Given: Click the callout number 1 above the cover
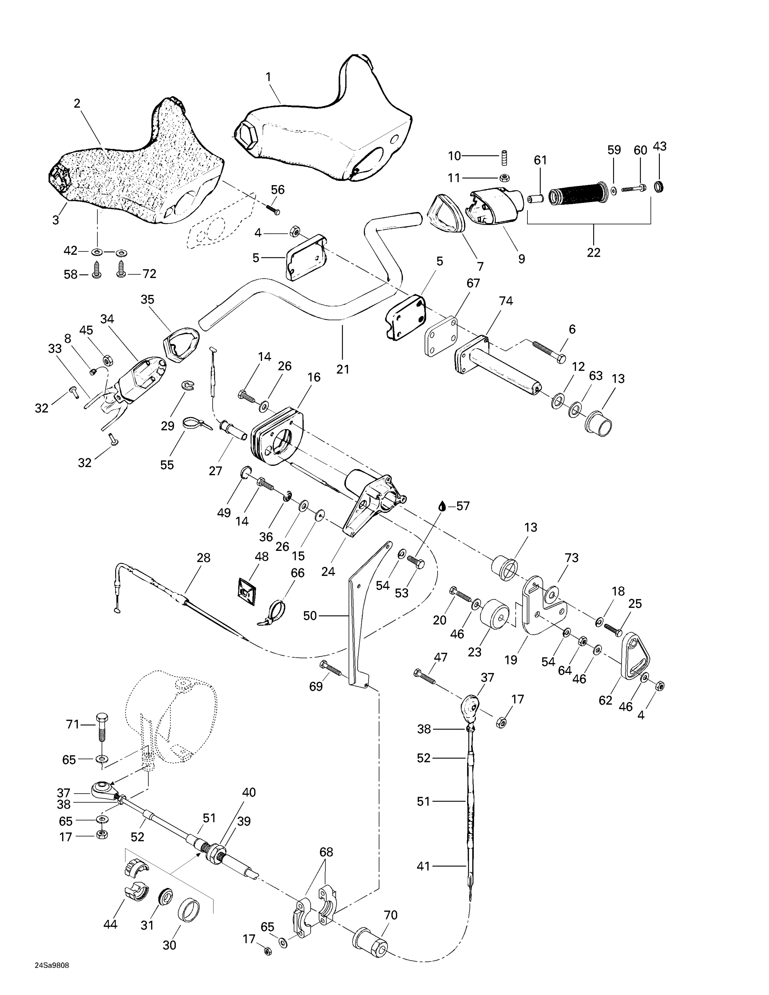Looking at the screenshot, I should pos(268,77).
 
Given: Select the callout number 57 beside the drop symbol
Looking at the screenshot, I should pos(462,506).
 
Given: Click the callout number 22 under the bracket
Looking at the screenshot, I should pos(593,252).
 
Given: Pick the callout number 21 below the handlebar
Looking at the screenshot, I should pos(343,369).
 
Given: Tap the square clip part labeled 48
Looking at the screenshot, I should pos(246,593).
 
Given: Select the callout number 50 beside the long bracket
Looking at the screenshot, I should pos(310,616).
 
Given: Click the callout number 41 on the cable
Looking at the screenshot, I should pos(424,866).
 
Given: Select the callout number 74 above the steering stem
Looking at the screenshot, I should pos(506,301).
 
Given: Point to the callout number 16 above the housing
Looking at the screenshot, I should pos(314,377).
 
